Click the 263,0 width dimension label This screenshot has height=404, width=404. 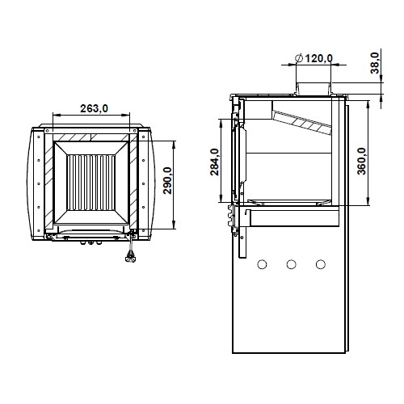(94, 108)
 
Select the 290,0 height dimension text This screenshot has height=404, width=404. (167, 180)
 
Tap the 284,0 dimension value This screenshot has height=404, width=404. (215, 162)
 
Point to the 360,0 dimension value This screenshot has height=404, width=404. (362, 161)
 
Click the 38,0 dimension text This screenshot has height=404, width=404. (375, 63)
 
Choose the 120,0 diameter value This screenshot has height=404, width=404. (318, 58)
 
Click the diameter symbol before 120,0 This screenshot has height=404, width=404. (299, 58)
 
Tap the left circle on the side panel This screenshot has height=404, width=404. (262, 264)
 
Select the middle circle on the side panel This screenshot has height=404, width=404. (291, 264)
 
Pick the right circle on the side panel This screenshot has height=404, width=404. (320, 264)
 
